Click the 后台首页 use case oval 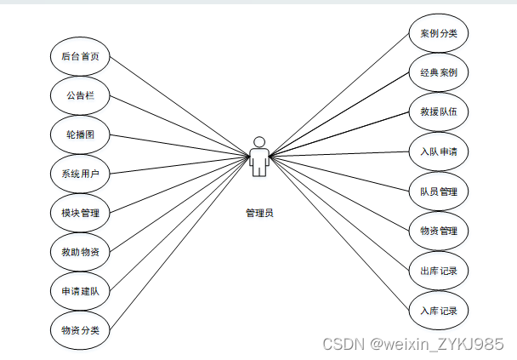pyautogui.click(x=80, y=57)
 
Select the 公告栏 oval pyautogui.click(x=80, y=96)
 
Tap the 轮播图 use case pyautogui.click(x=80, y=135)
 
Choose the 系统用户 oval pyautogui.click(x=80, y=174)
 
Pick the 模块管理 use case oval pyautogui.click(x=80, y=213)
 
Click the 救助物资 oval pyautogui.click(x=80, y=252)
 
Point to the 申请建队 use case pyautogui.click(x=80, y=290)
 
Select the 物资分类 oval pyautogui.click(x=80, y=329)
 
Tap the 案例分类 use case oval pyautogui.click(x=438, y=35)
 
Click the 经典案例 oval pyautogui.click(x=438, y=74)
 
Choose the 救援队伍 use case pyautogui.click(x=438, y=112)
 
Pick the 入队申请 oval pyautogui.click(x=438, y=152)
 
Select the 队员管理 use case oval pyautogui.click(x=438, y=191)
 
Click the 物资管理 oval pyautogui.click(x=438, y=231)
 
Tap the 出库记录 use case pyautogui.click(x=438, y=271)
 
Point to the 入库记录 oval pyautogui.click(x=438, y=311)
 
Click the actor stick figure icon pyautogui.click(x=259, y=157)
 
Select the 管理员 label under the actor pyautogui.click(x=259, y=213)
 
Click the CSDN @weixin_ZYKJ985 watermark pyautogui.click(x=414, y=344)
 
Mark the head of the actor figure pyautogui.click(x=259, y=141)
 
